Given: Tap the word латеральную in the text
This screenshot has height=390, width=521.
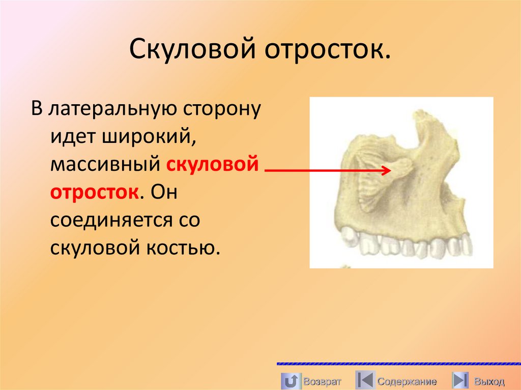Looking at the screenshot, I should [x=114, y=109].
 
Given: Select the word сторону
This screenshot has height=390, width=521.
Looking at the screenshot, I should [x=221, y=109].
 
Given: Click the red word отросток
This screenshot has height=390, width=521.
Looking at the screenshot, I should [x=95, y=193].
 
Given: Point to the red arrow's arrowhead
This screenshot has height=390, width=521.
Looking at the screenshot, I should [x=387, y=171].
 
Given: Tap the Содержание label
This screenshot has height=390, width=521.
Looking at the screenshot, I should [x=407, y=381].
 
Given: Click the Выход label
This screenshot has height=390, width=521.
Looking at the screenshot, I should [x=489, y=381].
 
